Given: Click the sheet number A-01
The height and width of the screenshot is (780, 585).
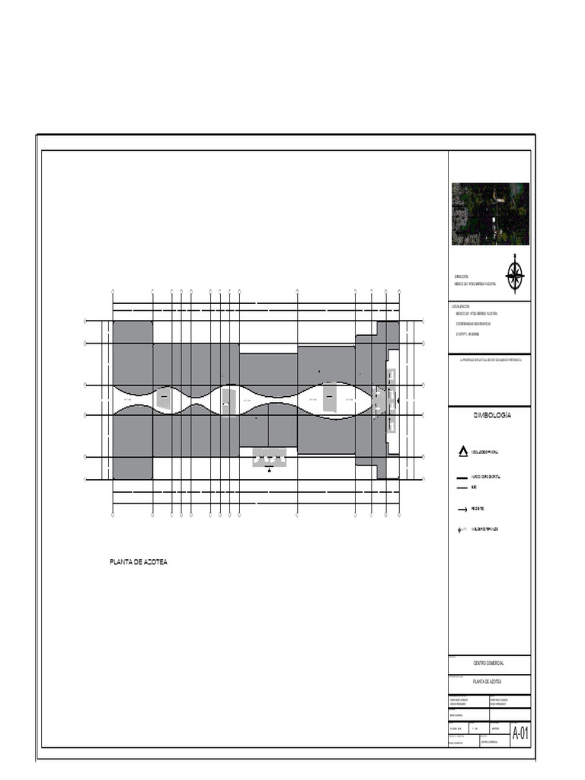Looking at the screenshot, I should (520, 734).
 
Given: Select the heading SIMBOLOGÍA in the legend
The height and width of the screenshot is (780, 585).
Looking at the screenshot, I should (491, 415).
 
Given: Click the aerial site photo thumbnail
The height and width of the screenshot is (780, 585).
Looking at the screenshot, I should (490, 213).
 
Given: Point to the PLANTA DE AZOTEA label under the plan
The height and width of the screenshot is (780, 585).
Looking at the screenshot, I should (139, 562).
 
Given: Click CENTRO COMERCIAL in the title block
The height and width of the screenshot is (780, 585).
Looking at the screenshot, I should (488, 663).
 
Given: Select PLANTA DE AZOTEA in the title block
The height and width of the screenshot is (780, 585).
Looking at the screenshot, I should (488, 682).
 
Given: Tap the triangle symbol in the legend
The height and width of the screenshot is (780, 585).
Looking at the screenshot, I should (462, 452).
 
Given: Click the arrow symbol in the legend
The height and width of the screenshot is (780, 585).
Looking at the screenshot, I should (462, 510).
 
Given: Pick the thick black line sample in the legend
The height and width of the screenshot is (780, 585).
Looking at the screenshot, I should (462, 478).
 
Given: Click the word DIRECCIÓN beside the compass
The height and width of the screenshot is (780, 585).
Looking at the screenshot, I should (462, 277).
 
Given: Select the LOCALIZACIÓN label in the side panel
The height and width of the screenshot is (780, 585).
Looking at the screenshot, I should (462, 306).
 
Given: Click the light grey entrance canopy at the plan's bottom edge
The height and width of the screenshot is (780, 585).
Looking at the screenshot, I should (269, 457).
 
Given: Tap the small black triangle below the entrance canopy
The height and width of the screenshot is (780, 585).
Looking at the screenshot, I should (269, 471).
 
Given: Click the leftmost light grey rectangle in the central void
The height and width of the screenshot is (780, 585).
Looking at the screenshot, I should (163, 398).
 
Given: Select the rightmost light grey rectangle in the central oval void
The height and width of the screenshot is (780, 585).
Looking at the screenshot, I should (330, 398).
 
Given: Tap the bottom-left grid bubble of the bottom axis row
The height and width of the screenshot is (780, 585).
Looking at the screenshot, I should (113, 515).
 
